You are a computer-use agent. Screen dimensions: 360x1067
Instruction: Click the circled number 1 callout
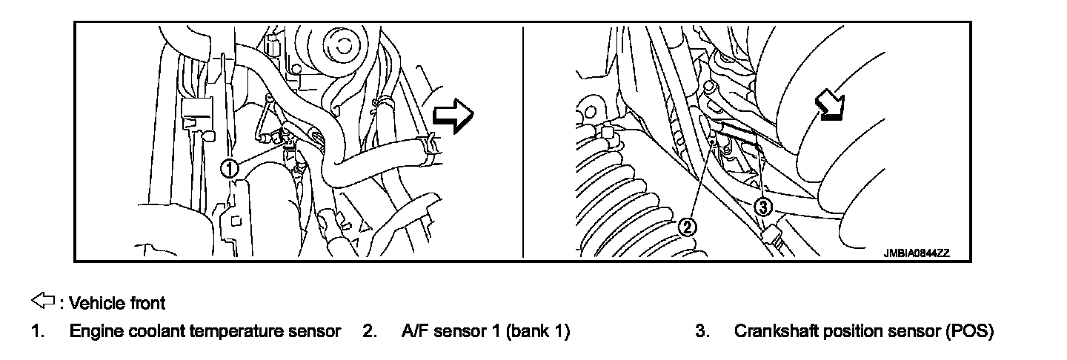230,169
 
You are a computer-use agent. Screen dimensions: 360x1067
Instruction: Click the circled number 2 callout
688,227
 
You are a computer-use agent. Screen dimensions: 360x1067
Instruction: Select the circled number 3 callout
764,207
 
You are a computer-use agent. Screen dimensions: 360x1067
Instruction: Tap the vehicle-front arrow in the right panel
829,104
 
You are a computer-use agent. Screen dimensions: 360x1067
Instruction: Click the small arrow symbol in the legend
43,301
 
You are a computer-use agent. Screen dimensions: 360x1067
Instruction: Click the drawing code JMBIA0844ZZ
916,253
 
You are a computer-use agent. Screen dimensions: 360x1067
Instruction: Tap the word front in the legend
146,302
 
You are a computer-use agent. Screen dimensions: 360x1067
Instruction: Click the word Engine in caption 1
92,332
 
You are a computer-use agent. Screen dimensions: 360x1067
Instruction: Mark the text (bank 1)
539,331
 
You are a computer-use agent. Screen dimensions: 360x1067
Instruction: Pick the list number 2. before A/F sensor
370,331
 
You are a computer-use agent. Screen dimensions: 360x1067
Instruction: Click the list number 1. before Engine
36,331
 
